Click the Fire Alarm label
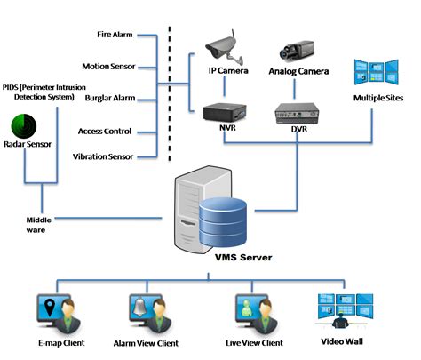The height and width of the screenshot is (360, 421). [115, 35]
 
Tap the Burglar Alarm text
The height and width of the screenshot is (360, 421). [109, 99]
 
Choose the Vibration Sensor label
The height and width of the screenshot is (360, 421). [103, 156]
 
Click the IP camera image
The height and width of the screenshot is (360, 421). [222, 40]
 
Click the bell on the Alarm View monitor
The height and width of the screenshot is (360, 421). [140, 306]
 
